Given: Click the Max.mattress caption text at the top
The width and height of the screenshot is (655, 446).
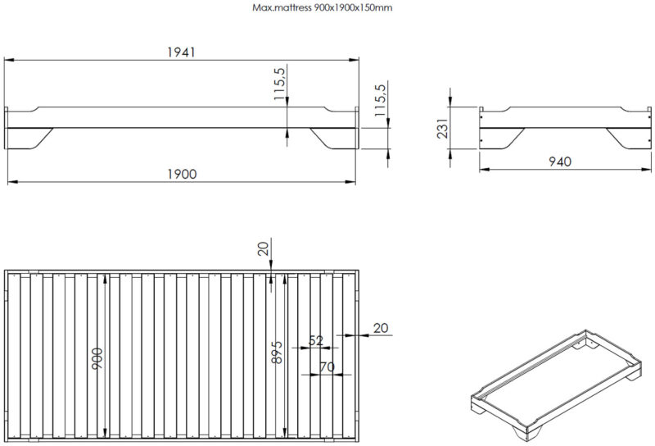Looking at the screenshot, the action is coord(322,7).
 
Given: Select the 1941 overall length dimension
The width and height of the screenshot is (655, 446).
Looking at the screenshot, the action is coord(181,52).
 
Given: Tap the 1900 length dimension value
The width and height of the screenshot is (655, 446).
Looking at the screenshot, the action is coord(182,174).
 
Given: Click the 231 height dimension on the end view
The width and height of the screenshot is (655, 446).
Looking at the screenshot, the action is coord(443,128).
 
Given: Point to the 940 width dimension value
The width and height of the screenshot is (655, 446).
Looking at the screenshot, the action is coord(560,162).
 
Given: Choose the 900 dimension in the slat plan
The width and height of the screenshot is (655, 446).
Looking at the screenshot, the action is coord(97,358).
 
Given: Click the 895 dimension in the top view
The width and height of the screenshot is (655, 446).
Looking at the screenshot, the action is coord(277,353).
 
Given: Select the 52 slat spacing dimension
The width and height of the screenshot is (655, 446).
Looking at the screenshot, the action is coord(316,340).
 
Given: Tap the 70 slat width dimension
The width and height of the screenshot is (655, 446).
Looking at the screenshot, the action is coord(327,367).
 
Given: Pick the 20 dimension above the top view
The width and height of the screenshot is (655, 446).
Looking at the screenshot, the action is coord(264,248).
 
